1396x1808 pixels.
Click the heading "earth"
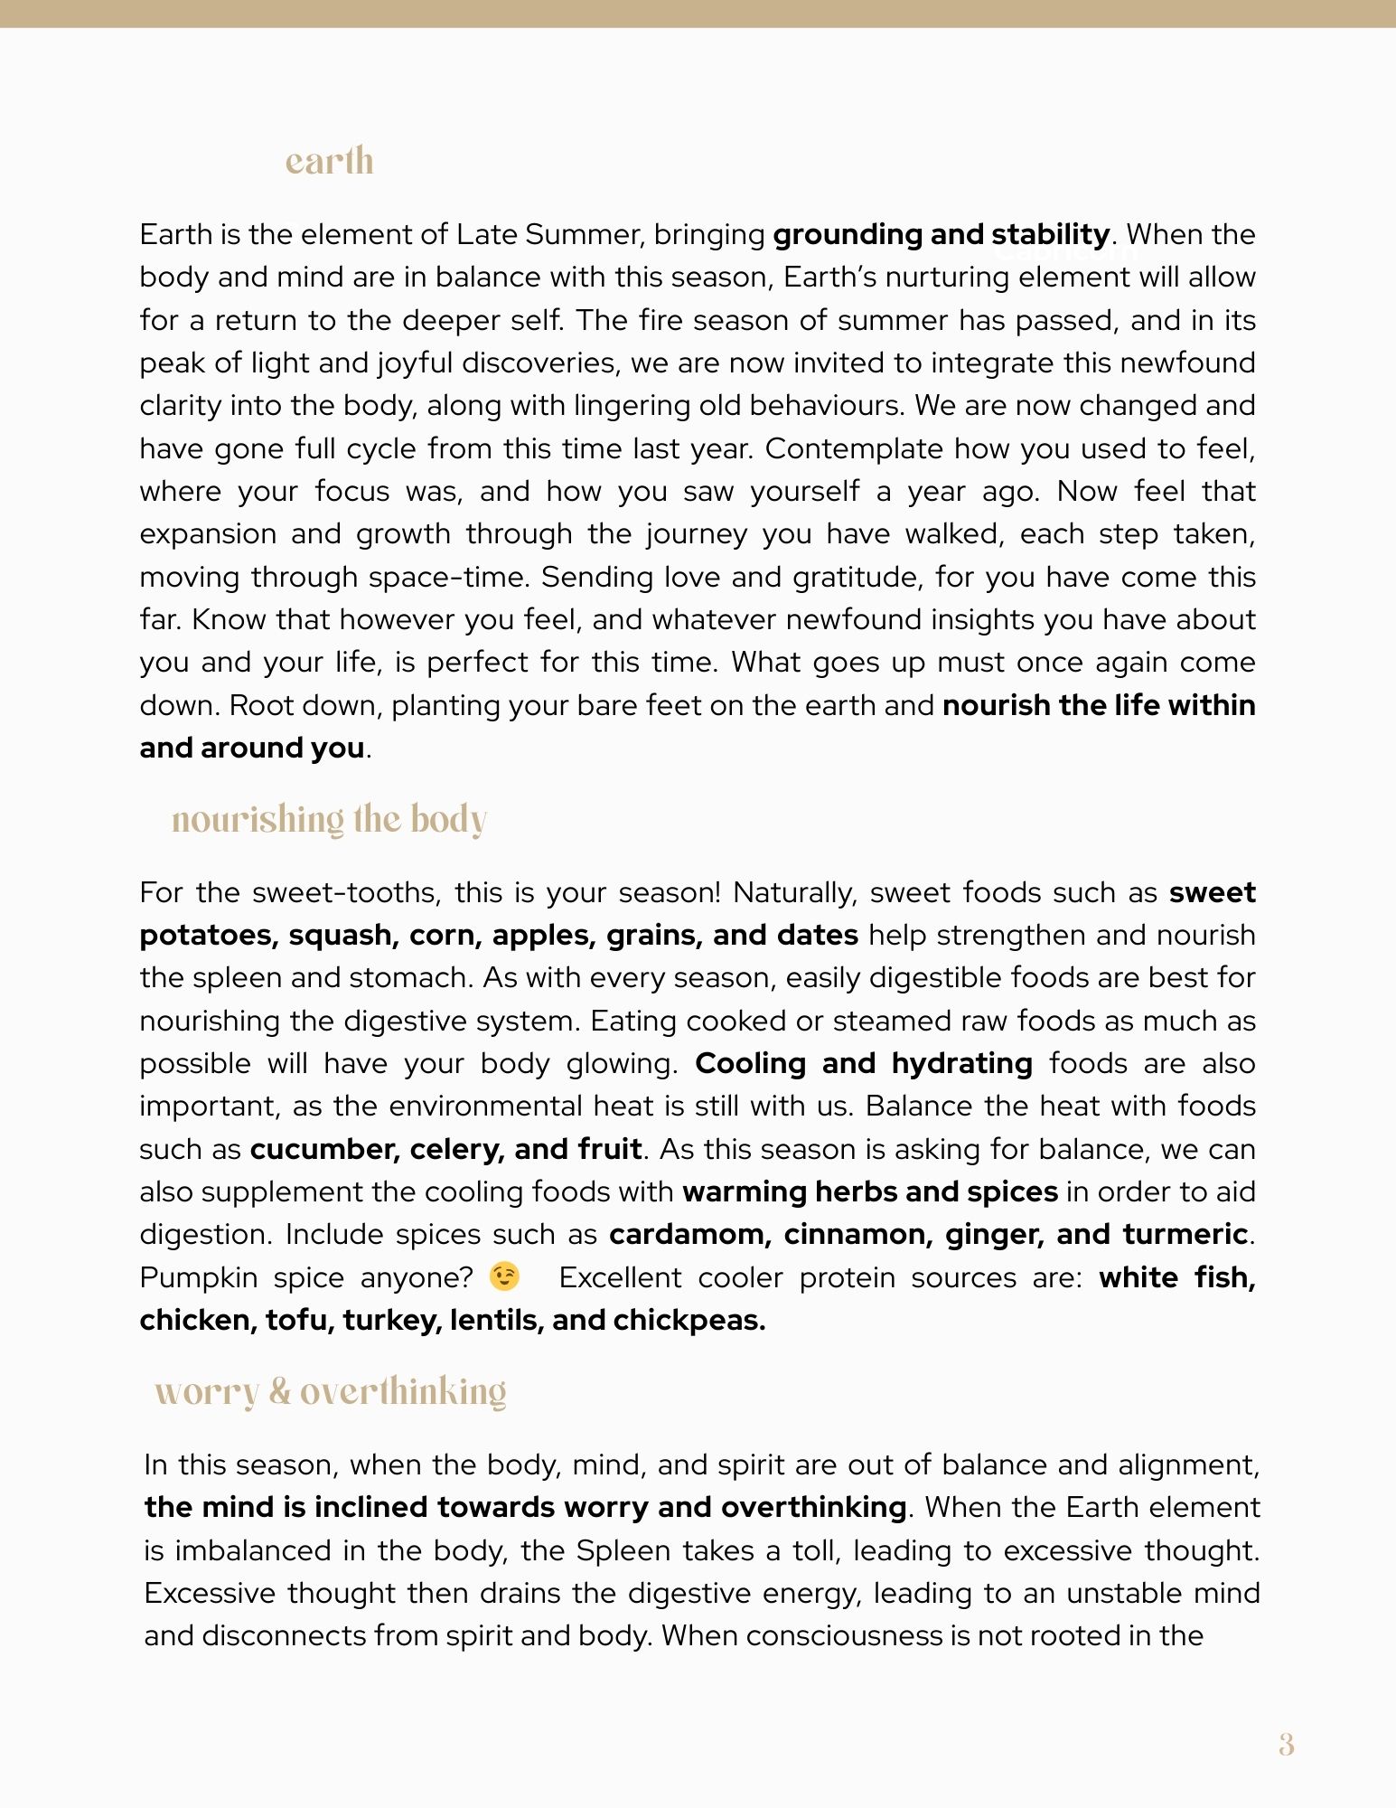click(x=329, y=162)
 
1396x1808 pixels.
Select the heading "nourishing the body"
click(x=329, y=820)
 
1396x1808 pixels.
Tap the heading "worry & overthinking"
click(x=330, y=1392)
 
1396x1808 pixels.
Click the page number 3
click(x=1286, y=1745)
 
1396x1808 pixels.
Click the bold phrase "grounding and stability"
click(x=942, y=235)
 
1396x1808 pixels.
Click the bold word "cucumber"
click(x=324, y=1149)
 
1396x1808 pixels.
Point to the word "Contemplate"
click(x=852, y=449)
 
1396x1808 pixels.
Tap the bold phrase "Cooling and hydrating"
click(x=864, y=1064)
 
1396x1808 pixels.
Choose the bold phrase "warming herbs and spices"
click(x=870, y=1192)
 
